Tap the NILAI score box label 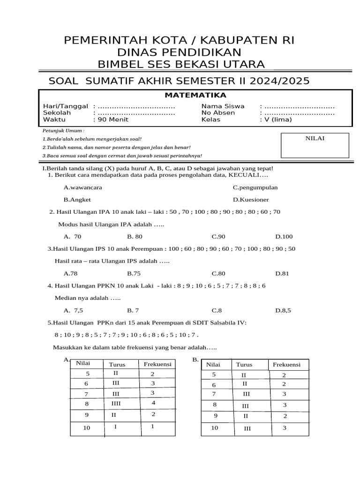pos(315,138)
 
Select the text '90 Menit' pos(113,119)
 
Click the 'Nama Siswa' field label pos(223,106)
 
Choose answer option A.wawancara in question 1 pos(82,187)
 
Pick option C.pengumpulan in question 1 pos(255,187)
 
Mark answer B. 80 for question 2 pos(135,236)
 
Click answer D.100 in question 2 pos(284,236)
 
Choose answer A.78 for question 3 pos(70,273)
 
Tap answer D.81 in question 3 pos(282,273)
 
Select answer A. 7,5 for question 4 pos(73,310)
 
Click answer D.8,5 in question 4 pos(283,310)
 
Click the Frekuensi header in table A pos(157,364)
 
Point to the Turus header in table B pos(244,364)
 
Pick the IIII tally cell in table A pos(116,403)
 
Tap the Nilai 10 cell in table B pos(215,427)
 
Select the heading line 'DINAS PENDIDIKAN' pos(180,52)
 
